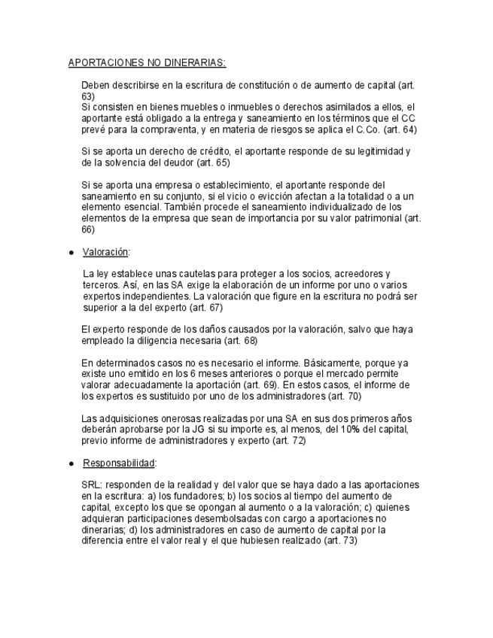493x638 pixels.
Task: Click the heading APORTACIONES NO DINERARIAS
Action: (147, 62)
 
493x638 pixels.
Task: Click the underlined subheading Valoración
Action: (106, 252)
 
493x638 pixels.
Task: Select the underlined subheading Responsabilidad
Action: (120, 463)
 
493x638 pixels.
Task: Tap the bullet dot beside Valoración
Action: (71, 253)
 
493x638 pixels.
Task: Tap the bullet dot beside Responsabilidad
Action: (71, 463)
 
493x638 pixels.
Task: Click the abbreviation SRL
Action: (90, 485)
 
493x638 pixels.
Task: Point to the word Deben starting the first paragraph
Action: (95, 86)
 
